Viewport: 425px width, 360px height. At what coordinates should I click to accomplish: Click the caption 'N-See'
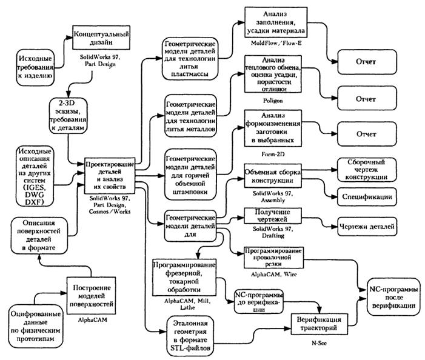(318, 349)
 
